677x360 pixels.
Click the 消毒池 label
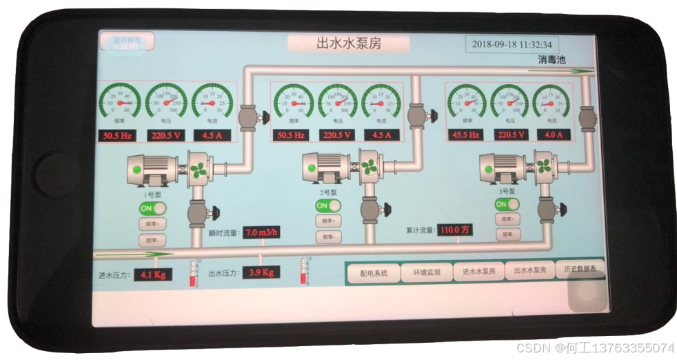coord(552,61)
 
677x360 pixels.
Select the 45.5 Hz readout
coord(465,135)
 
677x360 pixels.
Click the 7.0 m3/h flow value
coord(261,232)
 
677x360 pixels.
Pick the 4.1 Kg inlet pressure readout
coord(152,274)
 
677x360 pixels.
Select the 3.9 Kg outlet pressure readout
coord(261,272)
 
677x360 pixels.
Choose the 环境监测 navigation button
coord(427,272)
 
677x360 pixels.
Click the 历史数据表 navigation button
coord(579,269)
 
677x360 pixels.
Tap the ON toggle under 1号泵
coord(152,208)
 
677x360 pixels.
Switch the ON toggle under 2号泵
coord(329,206)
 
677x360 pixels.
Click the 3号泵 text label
coord(506,191)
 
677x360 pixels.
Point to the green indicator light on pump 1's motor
coord(137,170)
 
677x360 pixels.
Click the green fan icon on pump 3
coord(544,166)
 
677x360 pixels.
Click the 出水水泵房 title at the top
coord(348,43)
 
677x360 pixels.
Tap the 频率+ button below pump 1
coord(152,224)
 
